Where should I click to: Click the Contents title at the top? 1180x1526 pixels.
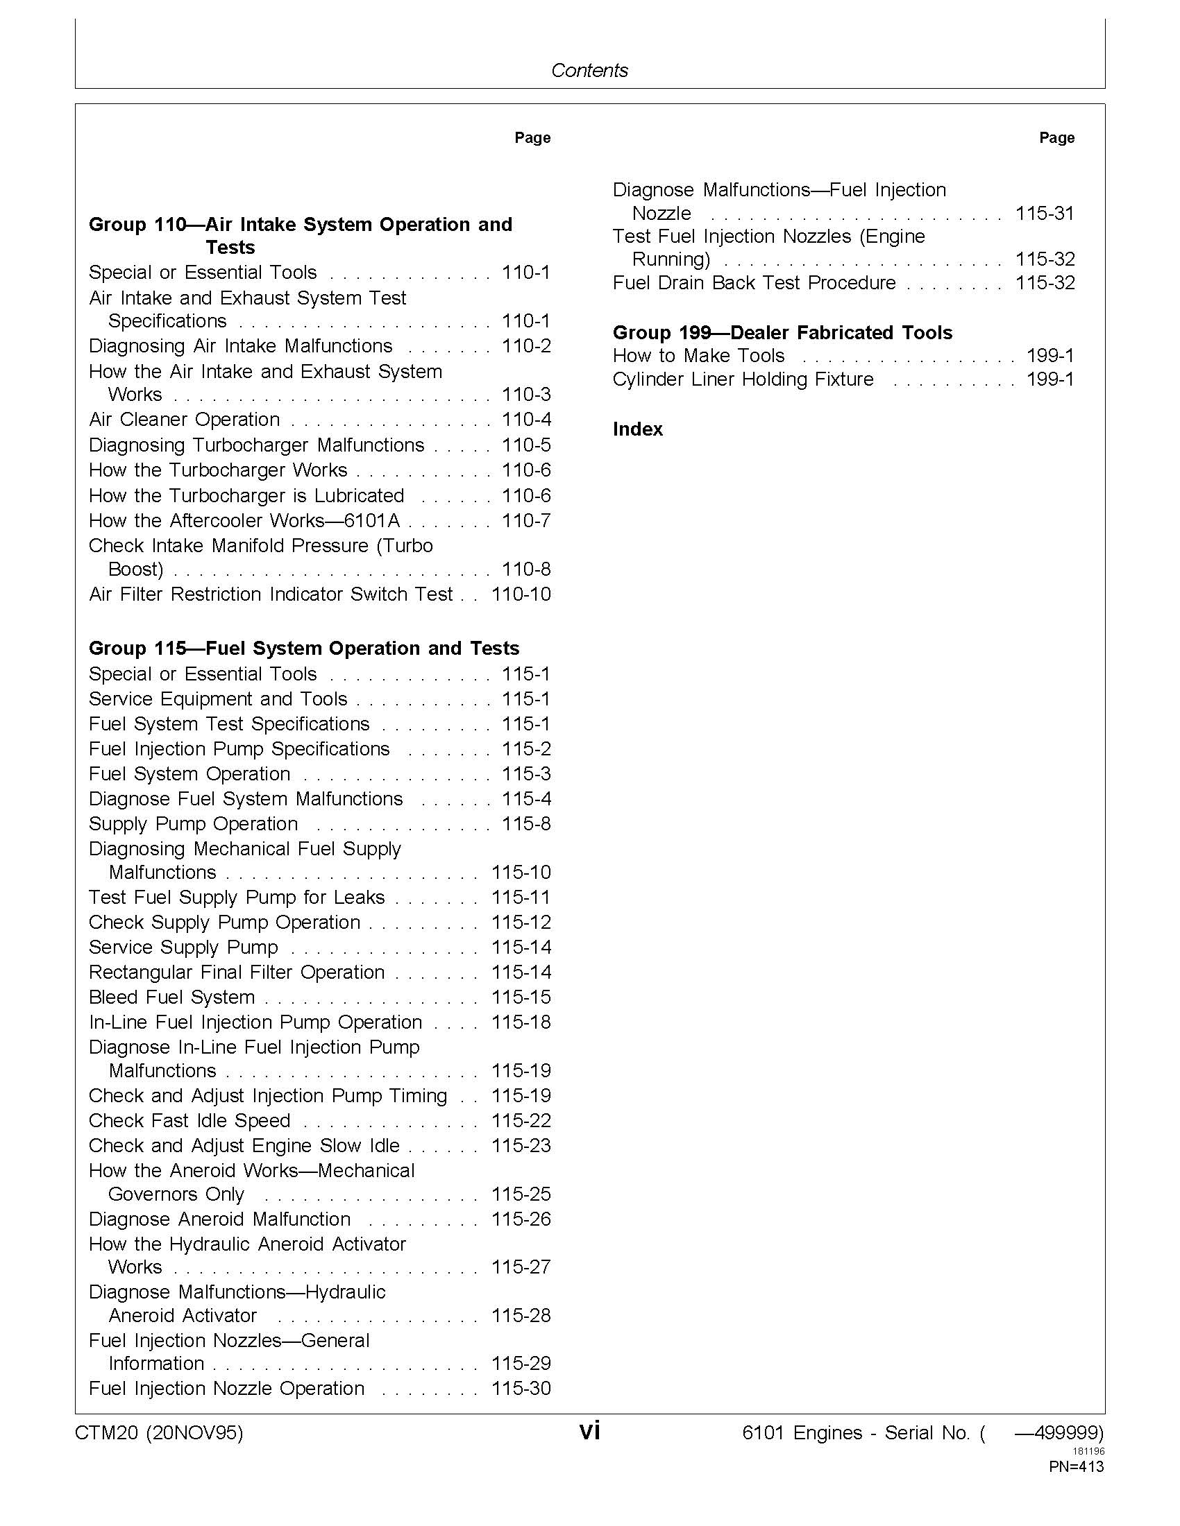point(589,70)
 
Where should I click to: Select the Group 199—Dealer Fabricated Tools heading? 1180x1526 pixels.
point(782,332)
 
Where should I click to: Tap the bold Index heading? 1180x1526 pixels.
point(637,429)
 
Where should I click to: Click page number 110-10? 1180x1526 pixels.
point(521,594)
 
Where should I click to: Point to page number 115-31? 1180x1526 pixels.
point(1045,213)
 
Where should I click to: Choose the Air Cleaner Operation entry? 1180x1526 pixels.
point(185,420)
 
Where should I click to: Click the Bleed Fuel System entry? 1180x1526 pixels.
point(172,997)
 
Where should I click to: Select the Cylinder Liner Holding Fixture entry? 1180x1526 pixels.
point(743,379)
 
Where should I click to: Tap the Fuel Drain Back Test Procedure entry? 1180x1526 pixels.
point(755,283)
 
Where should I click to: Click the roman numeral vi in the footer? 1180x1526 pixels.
point(589,1432)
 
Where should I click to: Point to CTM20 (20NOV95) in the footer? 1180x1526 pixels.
point(160,1433)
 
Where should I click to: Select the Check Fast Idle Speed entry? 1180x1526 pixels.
point(189,1121)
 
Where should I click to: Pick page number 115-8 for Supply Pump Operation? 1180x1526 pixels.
point(525,824)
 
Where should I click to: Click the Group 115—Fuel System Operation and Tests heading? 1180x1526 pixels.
point(304,649)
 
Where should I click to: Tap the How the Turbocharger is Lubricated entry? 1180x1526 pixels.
point(247,496)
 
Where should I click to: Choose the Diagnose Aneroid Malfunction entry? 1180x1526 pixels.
point(219,1219)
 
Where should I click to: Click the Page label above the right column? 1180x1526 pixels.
point(1056,137)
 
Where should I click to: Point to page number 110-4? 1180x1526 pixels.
point(525,420)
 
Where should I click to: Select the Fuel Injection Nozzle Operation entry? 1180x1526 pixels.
point(226,1389)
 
